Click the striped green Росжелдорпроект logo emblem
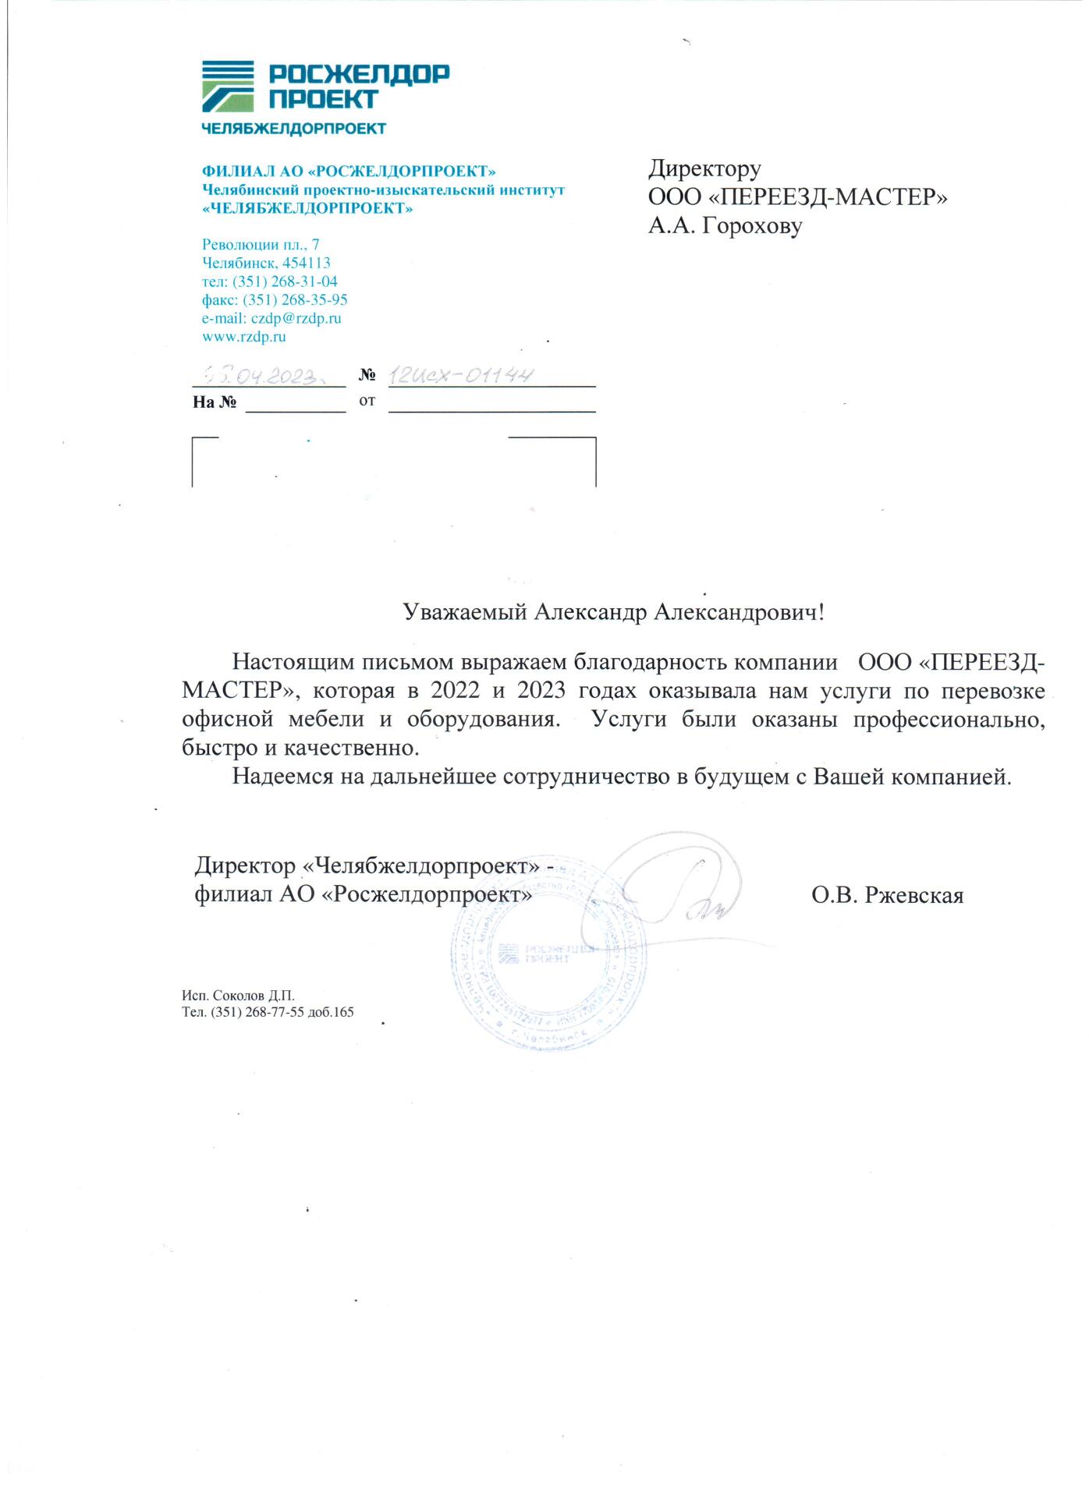[x=228, y=87]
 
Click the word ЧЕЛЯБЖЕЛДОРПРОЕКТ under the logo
[x=293, y=129]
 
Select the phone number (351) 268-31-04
[x=285, y=281]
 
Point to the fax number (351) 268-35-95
[x=295, y=300]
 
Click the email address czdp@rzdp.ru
[x=296, y=318]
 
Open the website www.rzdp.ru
[x=243, y=337]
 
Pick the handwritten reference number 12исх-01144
[x=461, y=375]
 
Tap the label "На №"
[x=215, y=402]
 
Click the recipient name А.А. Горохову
[x=725, y=226]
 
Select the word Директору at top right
[x=704, y=168]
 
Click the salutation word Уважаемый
[x=465, y=612]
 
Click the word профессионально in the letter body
[x=948, y=719]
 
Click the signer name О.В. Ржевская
[x=887, y=895]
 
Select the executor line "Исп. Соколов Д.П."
[x=238, y=996]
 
